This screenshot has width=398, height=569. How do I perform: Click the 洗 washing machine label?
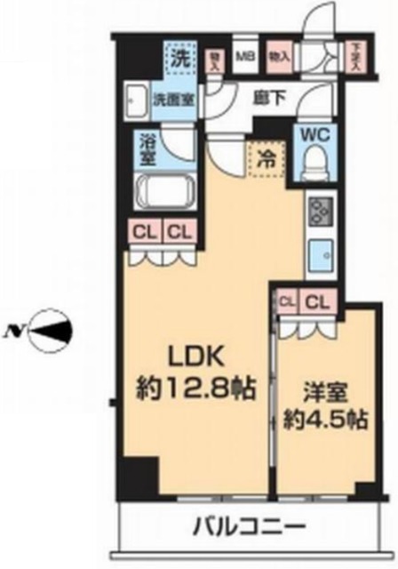(180, 60)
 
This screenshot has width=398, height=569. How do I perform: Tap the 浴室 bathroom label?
(148, 148)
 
